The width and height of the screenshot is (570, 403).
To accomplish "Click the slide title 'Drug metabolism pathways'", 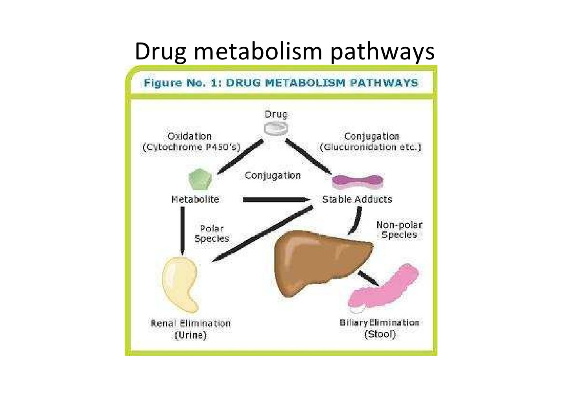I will pos(284,51).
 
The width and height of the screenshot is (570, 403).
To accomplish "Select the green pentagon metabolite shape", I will pos(200,180).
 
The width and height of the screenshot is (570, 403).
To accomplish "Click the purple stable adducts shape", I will pos(358,181).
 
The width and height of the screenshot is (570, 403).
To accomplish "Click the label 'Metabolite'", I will pos(195,200).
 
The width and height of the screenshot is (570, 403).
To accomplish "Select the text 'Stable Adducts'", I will pos(357,200).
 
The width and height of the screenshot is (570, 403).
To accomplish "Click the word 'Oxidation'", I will pos(190,136).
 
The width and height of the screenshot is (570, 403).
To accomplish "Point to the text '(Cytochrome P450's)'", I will pos(192,147).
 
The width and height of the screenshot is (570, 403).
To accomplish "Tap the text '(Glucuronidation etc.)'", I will pos(371,147).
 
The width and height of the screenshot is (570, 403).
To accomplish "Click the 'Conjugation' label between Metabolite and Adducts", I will pos(273,176).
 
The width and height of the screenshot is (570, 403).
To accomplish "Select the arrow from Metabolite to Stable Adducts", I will pos(275,200).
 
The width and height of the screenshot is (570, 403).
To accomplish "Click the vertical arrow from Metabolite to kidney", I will pos(183,230).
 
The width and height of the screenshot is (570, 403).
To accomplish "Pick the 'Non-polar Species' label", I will pos(399,230).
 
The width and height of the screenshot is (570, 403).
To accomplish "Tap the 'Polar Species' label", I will pos(212,233).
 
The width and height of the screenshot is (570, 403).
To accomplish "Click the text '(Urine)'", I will pos(190,335).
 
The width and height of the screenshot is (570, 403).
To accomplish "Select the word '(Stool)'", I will pos(380,335).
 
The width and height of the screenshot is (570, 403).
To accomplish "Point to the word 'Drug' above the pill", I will pos(276,115).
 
